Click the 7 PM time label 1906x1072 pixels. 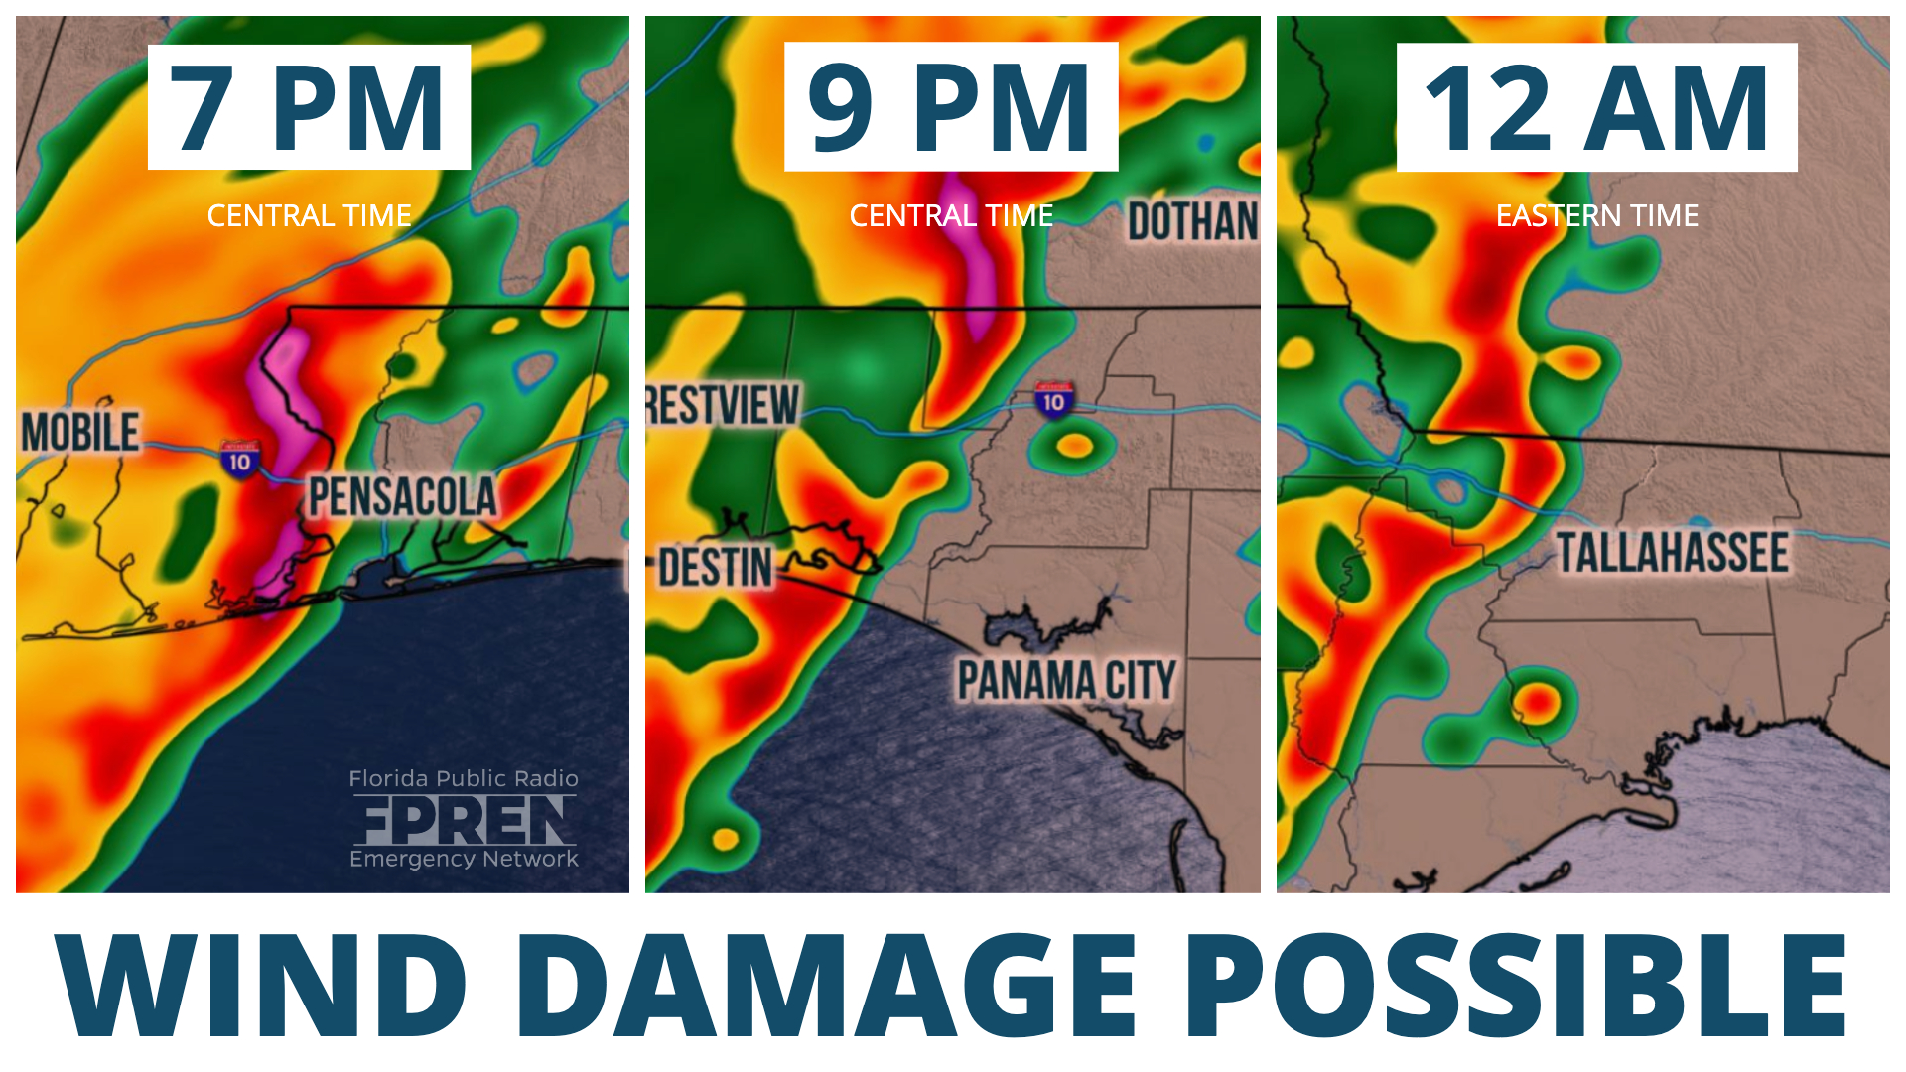[x=309, y=107]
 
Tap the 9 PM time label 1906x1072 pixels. [x=950, y=107]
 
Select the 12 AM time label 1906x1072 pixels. [x=1596, y=107]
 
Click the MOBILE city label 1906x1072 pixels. [x=80, y=433]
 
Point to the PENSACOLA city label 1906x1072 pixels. [x=402, y=496]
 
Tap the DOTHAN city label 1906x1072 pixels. [x=1192, y=221]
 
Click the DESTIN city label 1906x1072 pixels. [x=715, y=568]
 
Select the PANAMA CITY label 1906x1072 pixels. [x=1066, y=681]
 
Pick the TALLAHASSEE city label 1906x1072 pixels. [x=1672, y=553]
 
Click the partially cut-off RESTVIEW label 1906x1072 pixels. [x=723, y=405]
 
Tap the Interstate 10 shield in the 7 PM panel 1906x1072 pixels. [x=239, y=461]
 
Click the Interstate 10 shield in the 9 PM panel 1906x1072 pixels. [x=1053, y=401]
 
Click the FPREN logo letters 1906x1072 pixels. [x=464, y=820]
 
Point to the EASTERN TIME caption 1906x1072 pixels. [x=1596, y=215]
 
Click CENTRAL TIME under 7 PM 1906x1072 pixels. [x=309, y=215]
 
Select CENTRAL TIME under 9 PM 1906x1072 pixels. [x=951, y=215]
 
